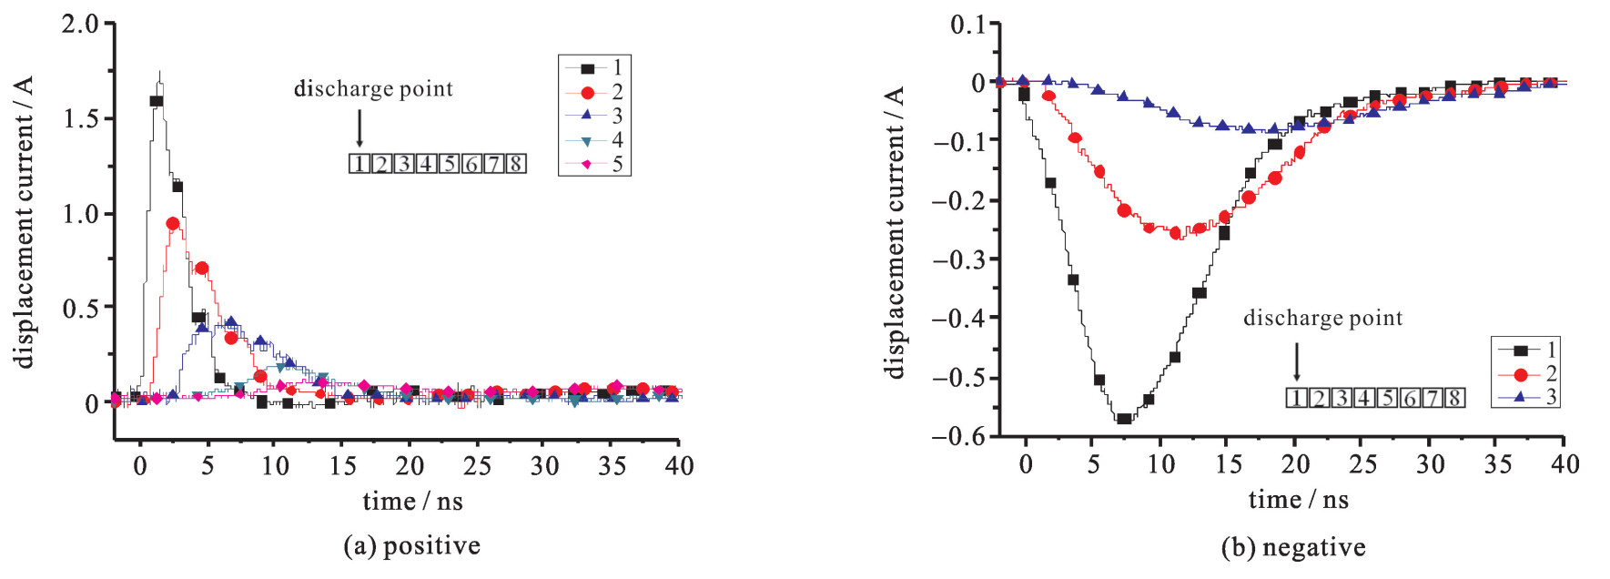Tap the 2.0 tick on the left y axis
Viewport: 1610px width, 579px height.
tap(80, 24)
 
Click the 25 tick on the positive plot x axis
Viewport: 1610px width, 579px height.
tap(477, 466)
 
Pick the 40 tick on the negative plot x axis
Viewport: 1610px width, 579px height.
tap(1564, 464)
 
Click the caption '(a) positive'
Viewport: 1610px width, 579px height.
tap(411, 545)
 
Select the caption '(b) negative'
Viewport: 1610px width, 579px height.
tap(1293, 547)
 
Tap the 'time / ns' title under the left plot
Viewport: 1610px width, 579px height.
tap(412, 501)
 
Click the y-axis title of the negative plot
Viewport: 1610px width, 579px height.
tap(895, 232)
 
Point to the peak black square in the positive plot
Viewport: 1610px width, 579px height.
tap(157, 101)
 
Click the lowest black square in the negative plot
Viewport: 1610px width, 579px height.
tap(1124, 419)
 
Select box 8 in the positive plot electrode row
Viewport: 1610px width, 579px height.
tap(515, 164)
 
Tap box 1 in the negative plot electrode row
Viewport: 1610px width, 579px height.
tap(1296, 398)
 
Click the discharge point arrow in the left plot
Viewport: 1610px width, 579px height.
tap(359, 127)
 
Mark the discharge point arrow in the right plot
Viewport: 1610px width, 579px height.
tap(1296, 361)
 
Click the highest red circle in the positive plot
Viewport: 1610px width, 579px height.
tap(173, 223)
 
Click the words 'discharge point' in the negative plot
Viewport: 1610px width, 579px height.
tap(1322, 318)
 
